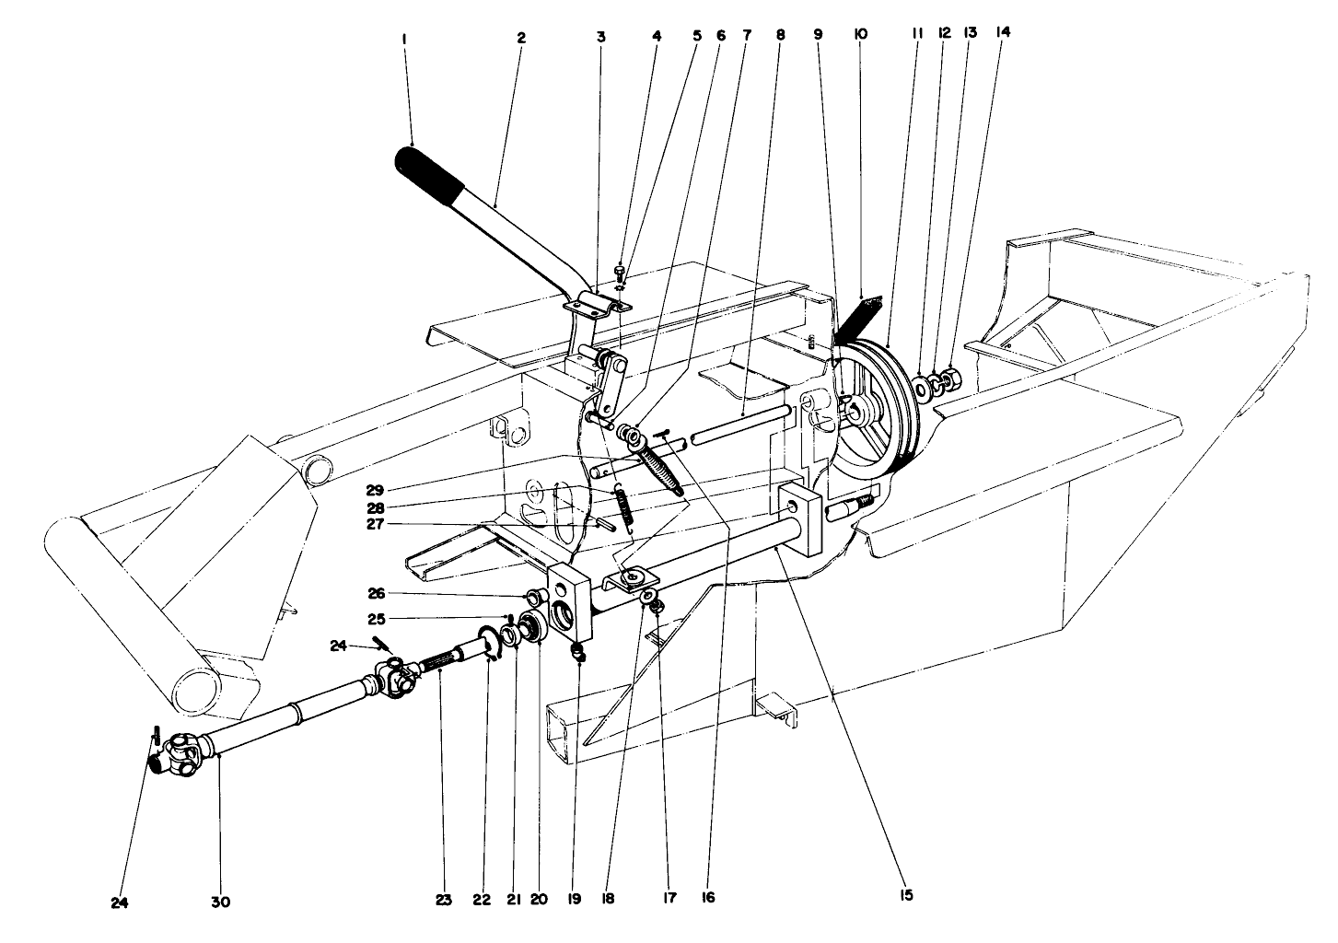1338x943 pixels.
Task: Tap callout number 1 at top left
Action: [404, 39]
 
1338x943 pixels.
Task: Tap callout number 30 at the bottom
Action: [219, 902]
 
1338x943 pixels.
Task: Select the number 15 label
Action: [907, 894]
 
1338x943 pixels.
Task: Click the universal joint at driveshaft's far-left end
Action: [180, 751]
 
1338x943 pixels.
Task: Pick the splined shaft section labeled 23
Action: [442, 659]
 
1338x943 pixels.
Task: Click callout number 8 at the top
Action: [781, 36]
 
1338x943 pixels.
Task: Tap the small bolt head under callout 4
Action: [621, 271]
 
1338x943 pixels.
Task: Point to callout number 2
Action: [520, 39]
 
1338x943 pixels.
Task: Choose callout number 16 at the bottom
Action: [706, 895]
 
